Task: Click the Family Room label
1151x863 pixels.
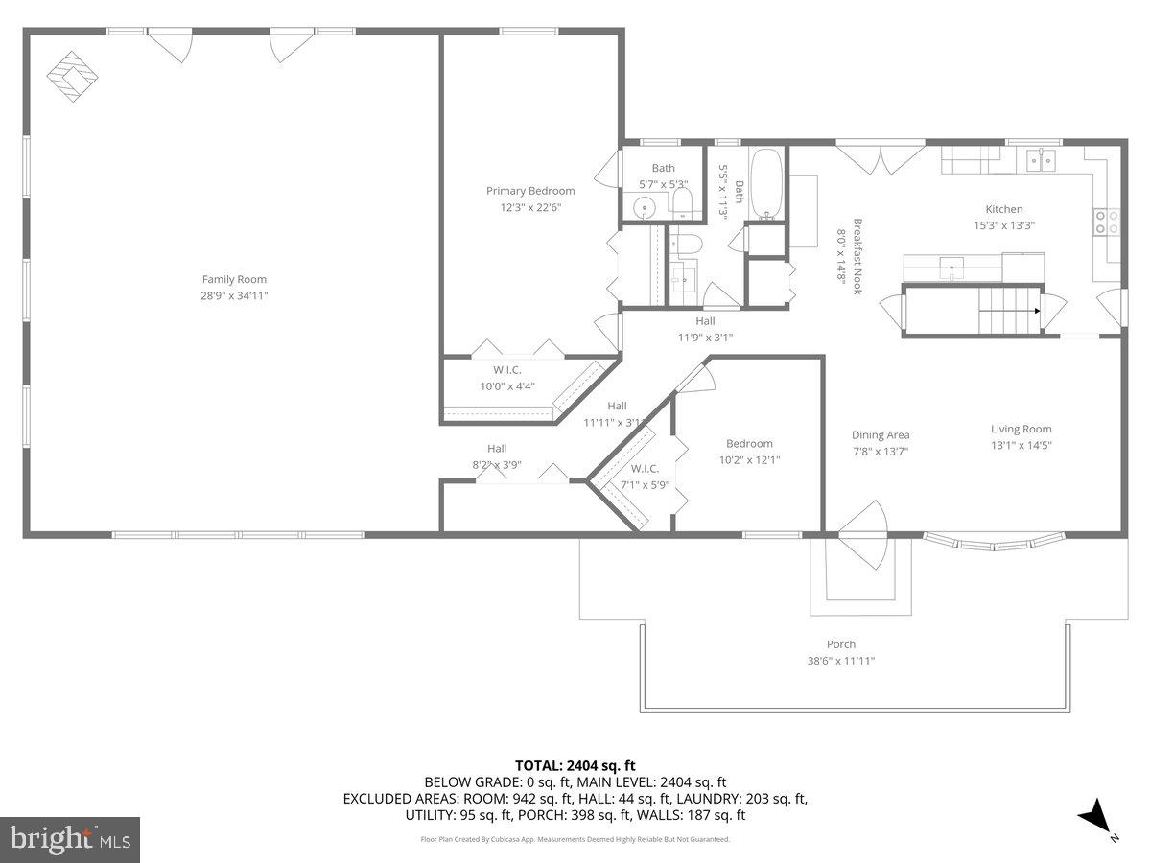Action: click(x=234, y=279)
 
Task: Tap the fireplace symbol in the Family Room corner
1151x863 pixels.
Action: click(x=75, y=77)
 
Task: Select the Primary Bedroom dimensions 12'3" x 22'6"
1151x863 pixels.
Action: click(x=529, y=207)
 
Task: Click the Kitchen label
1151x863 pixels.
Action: click(x=1004, y=209)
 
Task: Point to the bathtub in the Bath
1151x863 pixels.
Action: click(x=765, y=184)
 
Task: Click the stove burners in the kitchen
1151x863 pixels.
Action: click(x=1106, y=222)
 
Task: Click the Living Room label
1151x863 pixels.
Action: click(x=1021, y=429)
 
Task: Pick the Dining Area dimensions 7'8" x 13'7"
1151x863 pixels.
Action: click(x=881, y=451)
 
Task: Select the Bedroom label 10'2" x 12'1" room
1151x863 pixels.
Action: click(x=749, y=443)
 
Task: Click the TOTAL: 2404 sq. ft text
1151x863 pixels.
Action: click(x=575, y=765)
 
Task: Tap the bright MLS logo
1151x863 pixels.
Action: click(x=71, y=839)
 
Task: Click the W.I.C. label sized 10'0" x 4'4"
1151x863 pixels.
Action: click(x=507, y=369)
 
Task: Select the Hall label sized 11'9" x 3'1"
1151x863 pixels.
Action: click(x=705, y=321)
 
